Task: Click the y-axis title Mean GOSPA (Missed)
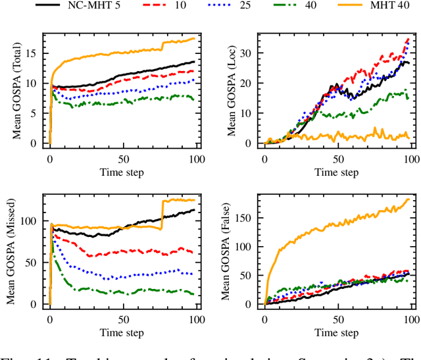[x=11, y=250]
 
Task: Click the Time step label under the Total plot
[x=124, y=172]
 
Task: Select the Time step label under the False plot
[x=338, y=334]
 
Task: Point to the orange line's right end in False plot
[x=409, y=199]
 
